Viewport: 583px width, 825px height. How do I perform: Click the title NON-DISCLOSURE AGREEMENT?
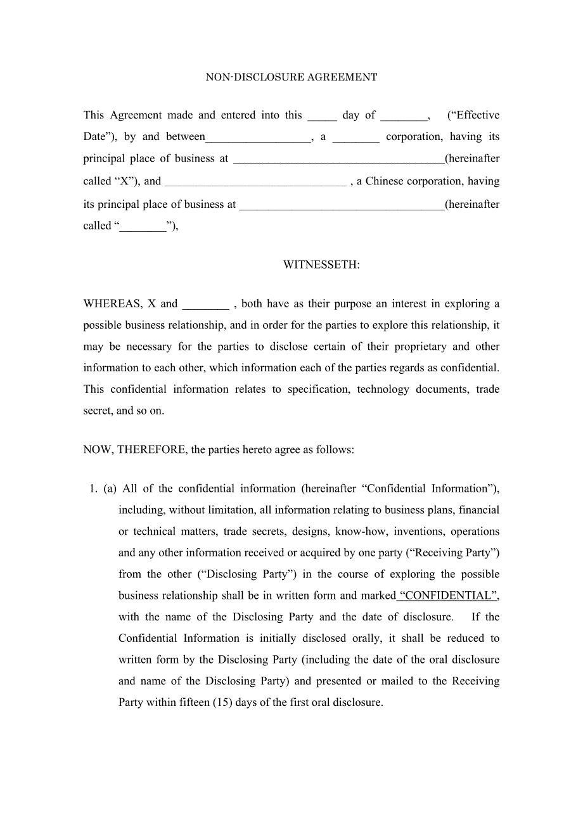(x=291, y=77)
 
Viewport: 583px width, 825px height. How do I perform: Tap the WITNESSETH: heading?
(x=321, y=265)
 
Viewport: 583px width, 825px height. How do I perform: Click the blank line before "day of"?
(x=322, y=115)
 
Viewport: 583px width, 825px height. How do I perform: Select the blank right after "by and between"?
(x=259, y=137)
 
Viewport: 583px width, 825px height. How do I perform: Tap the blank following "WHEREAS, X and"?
(x=205, y=304)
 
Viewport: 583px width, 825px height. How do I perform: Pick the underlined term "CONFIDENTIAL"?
(x=448, y=596)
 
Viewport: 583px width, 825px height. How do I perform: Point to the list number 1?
(x=93, y=489)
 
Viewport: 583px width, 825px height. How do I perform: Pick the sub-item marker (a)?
(x=110, y=489)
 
